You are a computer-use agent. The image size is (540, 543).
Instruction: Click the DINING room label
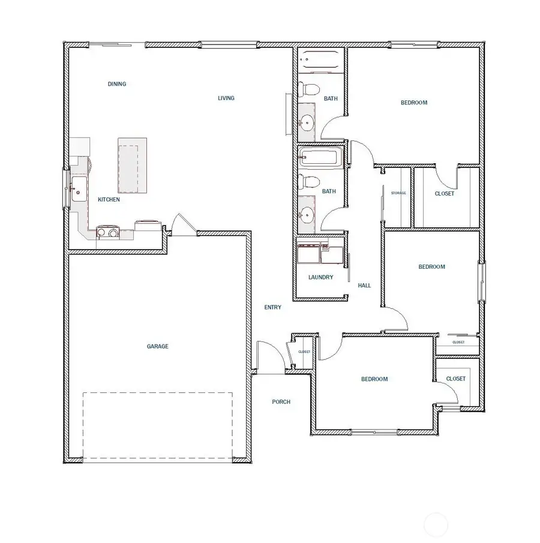coord(117,84)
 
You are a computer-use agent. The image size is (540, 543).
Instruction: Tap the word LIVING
coord(226,98)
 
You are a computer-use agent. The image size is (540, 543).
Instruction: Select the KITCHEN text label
coord(109,199)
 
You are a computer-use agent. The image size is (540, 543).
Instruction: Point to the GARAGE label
coord(158,346)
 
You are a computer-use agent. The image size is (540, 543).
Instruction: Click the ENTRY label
coord(272,307)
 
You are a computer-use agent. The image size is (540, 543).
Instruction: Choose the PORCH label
coord(281,401)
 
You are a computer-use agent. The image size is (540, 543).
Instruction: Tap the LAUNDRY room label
coord(320,278)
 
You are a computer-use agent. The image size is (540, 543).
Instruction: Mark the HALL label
coord(364,286)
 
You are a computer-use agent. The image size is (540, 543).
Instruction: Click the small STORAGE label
coord(398,193)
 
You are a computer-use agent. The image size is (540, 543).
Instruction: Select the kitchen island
coord(133,165)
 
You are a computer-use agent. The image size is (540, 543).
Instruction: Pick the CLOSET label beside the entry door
coord(304,352)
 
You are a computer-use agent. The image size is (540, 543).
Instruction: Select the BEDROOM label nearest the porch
coord(374,379)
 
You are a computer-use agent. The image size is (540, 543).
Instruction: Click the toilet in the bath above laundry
coord(309,181)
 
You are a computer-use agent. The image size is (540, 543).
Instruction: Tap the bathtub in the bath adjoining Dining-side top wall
coord(321,61)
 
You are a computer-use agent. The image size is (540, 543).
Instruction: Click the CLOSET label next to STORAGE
coord(444,194)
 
